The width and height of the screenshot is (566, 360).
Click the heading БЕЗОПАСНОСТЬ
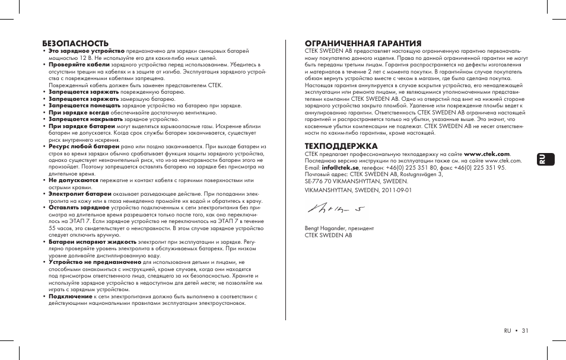point(75,43)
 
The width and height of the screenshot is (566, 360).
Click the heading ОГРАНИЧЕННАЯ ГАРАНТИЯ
point(363,43)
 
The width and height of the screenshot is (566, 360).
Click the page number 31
point(525,331)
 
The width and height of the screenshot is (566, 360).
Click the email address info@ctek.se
point(340,168)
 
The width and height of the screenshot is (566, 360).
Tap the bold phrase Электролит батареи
point(80,194)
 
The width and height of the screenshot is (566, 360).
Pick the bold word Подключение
point(70,296)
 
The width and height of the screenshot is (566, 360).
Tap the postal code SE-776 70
point(319,181)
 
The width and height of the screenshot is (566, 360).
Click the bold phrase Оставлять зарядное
point(78,208)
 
